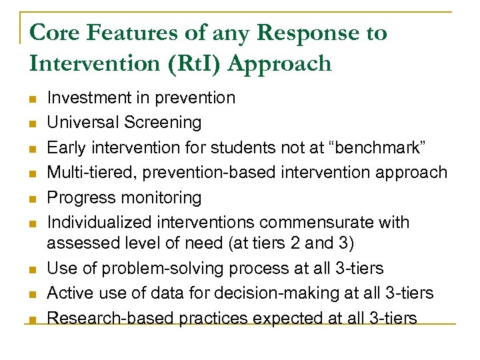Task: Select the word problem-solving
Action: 170,269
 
